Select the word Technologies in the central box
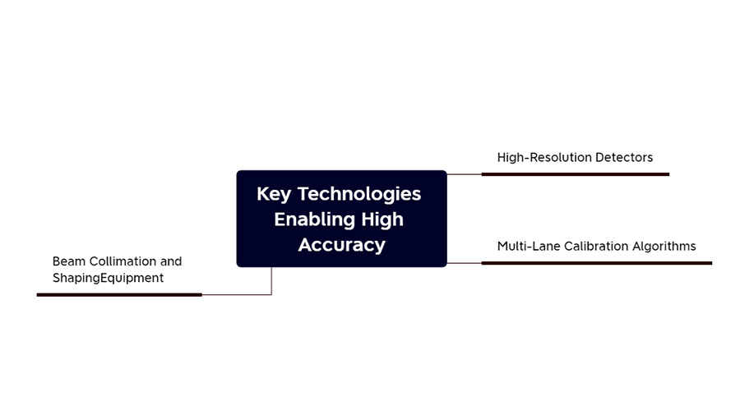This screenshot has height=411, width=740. click(359, 194)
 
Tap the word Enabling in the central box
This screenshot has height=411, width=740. click(315, 219)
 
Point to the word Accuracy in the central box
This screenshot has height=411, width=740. click(342, 245)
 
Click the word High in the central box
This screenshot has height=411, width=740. click(382, 219)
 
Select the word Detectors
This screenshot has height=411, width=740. click(624, 157)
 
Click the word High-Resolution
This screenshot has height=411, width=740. click(543, 158)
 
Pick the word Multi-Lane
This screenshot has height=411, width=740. click(528, 246)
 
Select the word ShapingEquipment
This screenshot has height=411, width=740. click(108, 278)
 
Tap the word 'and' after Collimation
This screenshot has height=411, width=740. click(171, 261)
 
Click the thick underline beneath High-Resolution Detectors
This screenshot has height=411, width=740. click(576, 174)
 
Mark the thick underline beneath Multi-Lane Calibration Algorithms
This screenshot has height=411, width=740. click(597, 263)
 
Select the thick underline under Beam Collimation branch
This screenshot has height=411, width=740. click(119, 295)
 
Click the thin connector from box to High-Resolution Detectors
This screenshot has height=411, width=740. click(464, 174)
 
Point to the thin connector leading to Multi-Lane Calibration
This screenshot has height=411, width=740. click(464, 263)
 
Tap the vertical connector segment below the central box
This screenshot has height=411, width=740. click(271, 281)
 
